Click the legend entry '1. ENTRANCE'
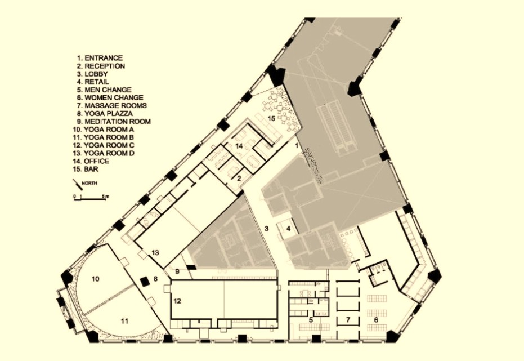point(100,58)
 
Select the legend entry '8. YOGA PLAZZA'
point(105,114)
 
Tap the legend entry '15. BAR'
point(86,169)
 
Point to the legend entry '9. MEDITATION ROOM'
point(114,122)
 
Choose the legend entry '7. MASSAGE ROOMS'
point(111,106)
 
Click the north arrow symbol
point(77,184)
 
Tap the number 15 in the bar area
point(271,118)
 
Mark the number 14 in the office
point(239,146)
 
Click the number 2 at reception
point(239,179)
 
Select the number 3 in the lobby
point(266,229)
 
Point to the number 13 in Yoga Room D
point(155,253)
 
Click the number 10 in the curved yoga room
point(96,279)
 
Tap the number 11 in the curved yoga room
point(124,321)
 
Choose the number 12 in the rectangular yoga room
point(177,301)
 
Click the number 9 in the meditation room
point(177,271)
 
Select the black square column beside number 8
point(145,282)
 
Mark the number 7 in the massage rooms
point(348,320)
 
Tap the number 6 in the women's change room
point(376,320)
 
